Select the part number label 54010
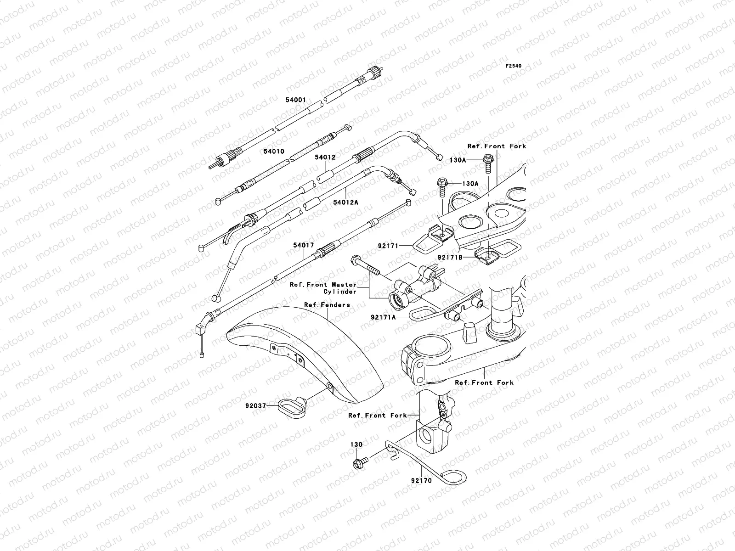274,151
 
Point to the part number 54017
304,245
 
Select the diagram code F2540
514,66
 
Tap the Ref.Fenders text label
327,305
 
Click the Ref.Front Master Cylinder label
323,288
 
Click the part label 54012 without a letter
325,157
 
